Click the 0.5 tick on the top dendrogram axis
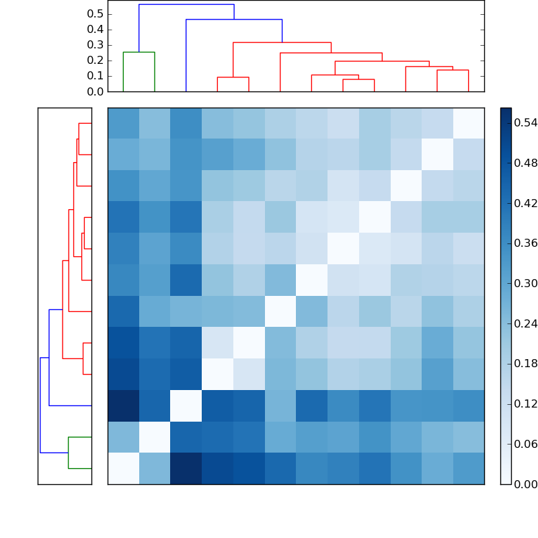pyautogui.click(x=95, y=14)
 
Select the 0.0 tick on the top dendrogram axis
pyautogui.click(x=95, y=91)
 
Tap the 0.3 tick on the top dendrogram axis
pyautogui.click(x=95, y=45)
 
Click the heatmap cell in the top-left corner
pyautogui.click(x=123, y=123)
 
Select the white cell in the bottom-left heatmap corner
pyautogui.click(x=123, y=469)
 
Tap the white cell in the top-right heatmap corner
pyautogui.click(x=469, y=123)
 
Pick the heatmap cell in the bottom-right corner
pyautogui.click(x=469, y=469)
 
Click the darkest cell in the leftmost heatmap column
pyautogui.click(x=123, y=406)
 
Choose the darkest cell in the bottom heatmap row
pyautogui.click(x=186, y=469)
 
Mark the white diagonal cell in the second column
pyautogui.click(x=155, y=437)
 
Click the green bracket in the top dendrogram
pyautogui.click(x=139, y=52)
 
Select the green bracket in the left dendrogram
pyautogui.click(x=69, y=453)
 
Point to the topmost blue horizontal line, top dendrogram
pyautogui.click(x=186, y=5)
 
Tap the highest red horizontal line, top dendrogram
pyautogui.click(x=282, y=43)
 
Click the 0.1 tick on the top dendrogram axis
pyautogui.click(x=95, y=76)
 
